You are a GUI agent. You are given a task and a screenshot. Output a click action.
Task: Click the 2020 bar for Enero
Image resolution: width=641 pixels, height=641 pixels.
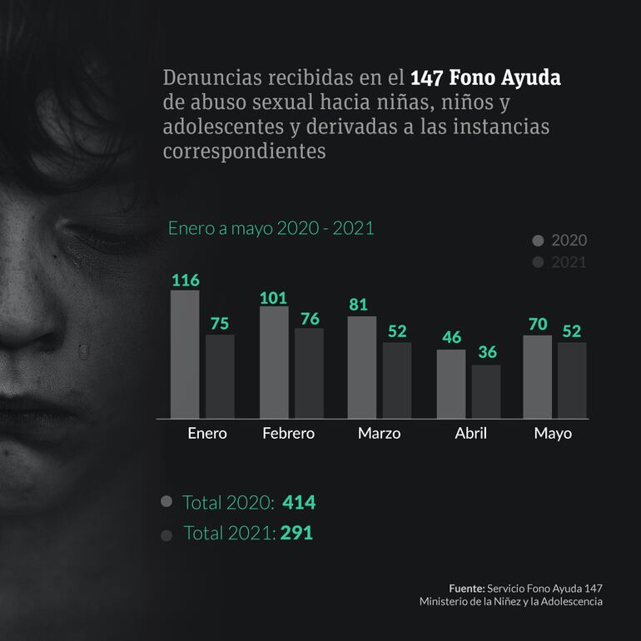(x=185, y=354)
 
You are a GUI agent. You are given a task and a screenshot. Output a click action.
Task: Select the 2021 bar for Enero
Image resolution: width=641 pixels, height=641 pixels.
(x=220, y=376)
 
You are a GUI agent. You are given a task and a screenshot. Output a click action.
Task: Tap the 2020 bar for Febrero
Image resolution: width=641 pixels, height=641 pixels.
(x=274, y=362)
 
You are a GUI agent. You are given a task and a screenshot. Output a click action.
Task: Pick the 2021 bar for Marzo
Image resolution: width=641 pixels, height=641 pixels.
(x=397, y=380)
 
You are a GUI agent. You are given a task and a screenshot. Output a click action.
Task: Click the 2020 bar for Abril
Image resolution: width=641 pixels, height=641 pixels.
(x=451, y=384)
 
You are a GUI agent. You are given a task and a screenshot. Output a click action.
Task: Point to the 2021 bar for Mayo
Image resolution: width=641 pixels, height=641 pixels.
(x=572, y=380)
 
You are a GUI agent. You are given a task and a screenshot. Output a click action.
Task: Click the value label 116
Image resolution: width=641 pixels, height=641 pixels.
(x=185, y=280)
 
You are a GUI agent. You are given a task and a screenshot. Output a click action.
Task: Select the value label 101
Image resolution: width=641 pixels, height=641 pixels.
(x=274, y=297)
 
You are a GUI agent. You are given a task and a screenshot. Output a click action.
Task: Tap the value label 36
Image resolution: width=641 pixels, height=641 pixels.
(x=486, y=353)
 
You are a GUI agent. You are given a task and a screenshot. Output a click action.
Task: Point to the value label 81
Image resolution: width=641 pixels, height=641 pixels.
(x=358, y=305)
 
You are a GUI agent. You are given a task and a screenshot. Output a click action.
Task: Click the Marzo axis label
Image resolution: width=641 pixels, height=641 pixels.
(x=379, y=434)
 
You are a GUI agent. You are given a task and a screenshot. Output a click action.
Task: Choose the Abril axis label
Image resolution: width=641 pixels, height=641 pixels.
(x=470, y=434)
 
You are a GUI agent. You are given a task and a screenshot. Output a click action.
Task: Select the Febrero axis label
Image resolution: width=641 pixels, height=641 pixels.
(x=288, y=434)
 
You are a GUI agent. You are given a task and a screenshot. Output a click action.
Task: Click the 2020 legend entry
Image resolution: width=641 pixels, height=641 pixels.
(x=559, y=241)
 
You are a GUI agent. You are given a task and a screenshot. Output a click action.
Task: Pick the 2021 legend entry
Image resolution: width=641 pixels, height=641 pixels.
(x=559, y=262)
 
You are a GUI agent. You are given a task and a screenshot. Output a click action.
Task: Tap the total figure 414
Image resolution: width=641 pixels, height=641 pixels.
(x=299, y=503)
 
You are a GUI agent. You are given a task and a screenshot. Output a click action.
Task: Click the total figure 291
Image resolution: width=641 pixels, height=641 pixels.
(x=296, y=533)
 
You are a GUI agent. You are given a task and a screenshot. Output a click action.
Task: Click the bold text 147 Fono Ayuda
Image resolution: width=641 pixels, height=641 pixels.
(x=486, y=79)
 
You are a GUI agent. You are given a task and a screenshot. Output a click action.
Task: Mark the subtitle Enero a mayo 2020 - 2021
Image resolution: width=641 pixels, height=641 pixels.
(x=271, y=227)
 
